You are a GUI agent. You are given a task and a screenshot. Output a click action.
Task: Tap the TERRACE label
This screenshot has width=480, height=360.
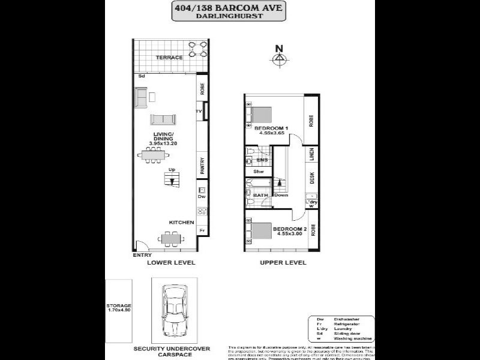click(169, 58)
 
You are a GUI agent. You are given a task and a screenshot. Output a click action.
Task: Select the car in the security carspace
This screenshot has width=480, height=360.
click(173, 310)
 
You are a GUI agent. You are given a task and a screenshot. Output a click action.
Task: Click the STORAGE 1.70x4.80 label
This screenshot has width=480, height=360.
click(119, 308)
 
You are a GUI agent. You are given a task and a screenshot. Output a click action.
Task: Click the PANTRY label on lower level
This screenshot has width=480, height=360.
click(203, 166)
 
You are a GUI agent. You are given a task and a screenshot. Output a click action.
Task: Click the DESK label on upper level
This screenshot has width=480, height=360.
click(311, 178)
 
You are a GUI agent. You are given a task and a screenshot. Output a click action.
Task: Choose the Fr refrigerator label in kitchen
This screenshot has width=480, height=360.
click(202, 230)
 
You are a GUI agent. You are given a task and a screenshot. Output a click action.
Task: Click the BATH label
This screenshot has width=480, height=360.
click(260, 195)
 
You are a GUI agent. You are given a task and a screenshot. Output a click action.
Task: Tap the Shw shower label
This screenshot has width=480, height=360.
click(259, 172)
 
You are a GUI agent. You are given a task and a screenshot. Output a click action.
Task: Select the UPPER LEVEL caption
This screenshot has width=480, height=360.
click(283, 263)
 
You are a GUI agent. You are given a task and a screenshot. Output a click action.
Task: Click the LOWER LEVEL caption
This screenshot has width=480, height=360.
click(172, 263)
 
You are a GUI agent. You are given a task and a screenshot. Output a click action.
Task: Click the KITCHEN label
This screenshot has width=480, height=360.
click(181, 223)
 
